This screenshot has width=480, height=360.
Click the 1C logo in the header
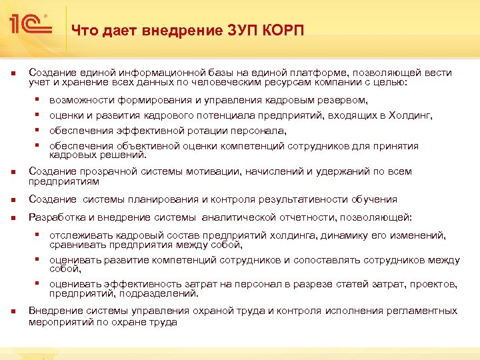pos(31,25)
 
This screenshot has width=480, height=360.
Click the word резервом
pos(341,100)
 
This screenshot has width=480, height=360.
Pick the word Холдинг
pos(409,115)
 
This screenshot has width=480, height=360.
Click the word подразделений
pos(165,293)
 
